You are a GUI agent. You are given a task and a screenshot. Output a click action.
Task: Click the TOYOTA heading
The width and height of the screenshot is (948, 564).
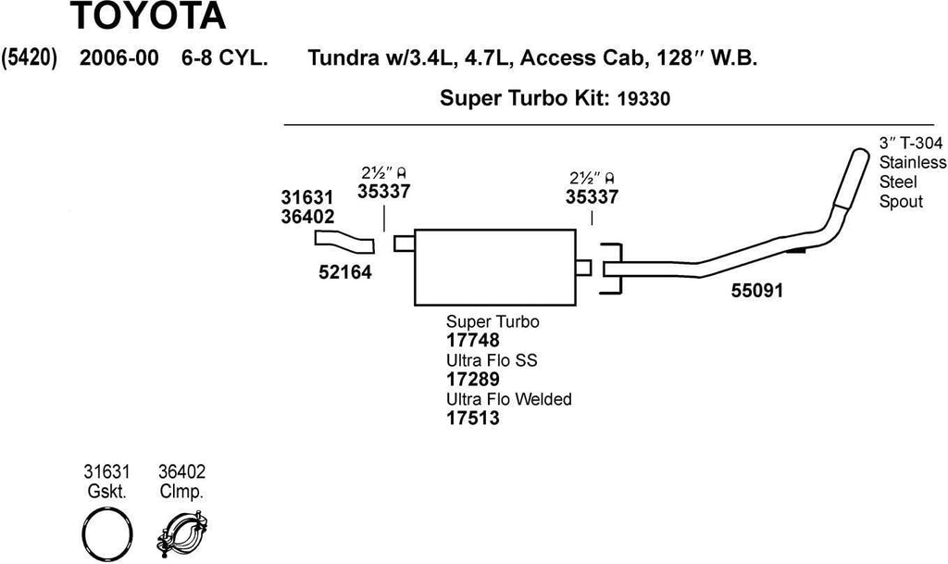coord(146,16)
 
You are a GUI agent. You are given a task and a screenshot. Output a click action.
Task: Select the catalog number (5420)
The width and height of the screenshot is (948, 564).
coord(31,58)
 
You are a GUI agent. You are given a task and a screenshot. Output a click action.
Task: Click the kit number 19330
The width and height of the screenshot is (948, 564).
coord(643,97)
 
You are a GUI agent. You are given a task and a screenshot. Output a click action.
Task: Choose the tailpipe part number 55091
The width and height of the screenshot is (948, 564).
coord(756,291)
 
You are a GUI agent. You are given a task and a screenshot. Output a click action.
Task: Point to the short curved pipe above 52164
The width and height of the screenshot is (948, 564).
coord(343,243)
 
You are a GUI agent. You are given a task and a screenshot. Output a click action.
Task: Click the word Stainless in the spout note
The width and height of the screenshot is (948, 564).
coord(912,162)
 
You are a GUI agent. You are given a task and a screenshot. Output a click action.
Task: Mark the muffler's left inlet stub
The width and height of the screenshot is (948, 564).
coord(403,243)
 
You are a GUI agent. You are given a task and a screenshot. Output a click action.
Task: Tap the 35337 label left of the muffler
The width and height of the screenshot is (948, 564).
coord(383,192)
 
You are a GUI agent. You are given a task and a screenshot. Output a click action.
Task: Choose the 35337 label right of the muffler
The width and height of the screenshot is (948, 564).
coord(592,196)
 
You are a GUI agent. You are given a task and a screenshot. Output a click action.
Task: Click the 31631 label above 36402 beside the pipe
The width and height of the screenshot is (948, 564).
coord(306,197)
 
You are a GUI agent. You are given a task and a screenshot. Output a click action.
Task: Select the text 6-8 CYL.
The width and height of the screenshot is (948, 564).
coord(225,58)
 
